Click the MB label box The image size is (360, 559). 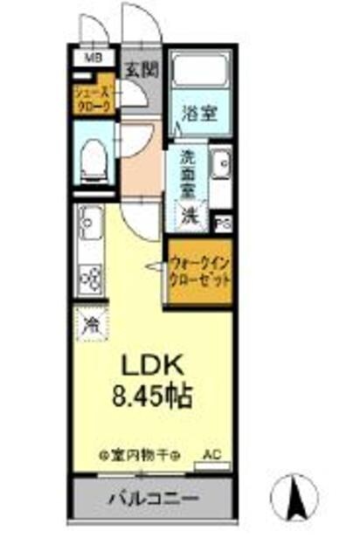[x=90, y=59]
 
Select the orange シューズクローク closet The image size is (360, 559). [x=93, y=98]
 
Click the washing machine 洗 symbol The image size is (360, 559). [x=190, y=213]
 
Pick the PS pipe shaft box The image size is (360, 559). [x=224, y=223]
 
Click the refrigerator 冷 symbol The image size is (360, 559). [x=90, y=326]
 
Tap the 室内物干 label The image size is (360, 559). [x=139, y=456]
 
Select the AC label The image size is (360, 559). [x=212, y=454]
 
